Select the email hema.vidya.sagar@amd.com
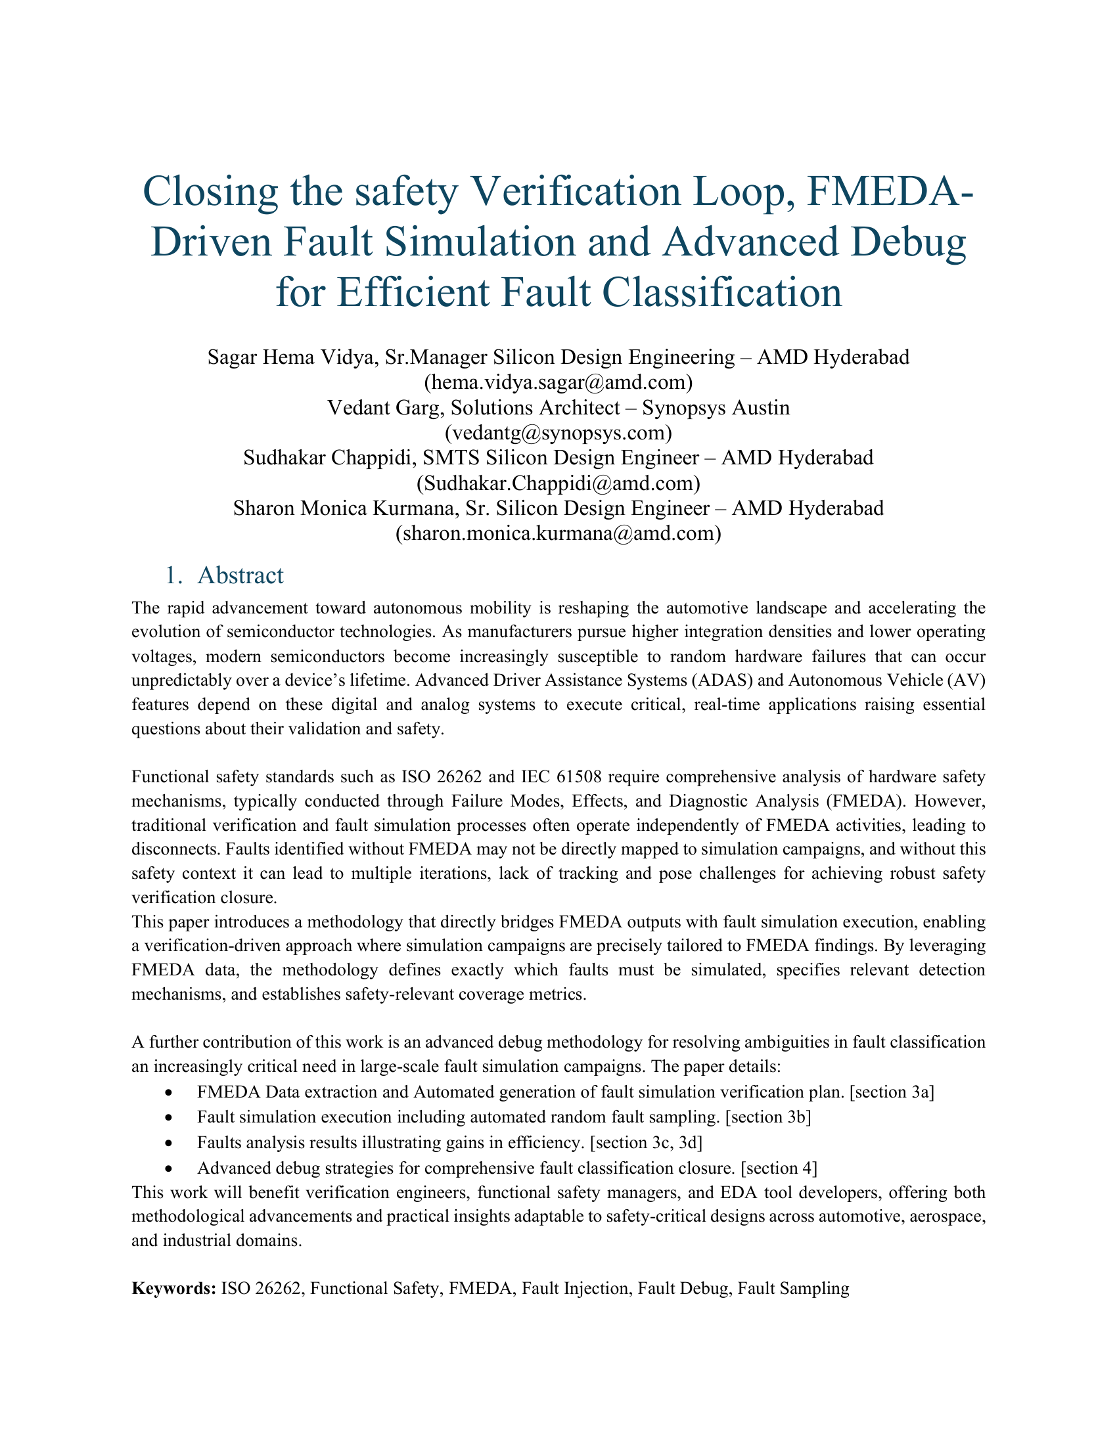coord(558,382)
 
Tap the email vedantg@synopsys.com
coord(558,433)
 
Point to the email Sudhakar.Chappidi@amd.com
coord(558,483)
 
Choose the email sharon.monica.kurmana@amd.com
coord(558,534)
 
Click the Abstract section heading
coord(240,575)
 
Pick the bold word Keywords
coord(173,1289)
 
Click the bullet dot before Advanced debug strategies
coord(170,1169)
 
